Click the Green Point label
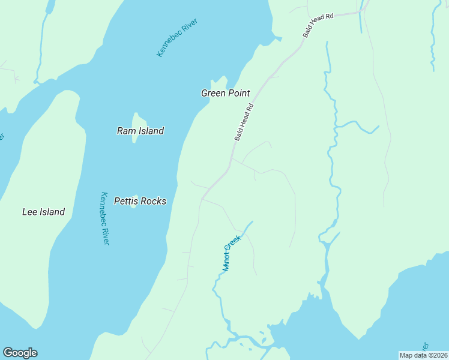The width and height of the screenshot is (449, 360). pos(225,93)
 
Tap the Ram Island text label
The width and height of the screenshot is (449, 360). pos(140,131)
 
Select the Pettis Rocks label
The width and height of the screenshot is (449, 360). pos(140,201)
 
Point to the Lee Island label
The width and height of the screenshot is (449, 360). pos(43,212)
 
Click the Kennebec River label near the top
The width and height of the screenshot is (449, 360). pos(177,38)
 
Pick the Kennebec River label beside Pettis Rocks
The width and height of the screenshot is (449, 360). pos(105,218)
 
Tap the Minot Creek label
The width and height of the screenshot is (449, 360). pos(231,253)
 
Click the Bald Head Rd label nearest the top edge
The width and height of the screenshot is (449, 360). pos(318,26)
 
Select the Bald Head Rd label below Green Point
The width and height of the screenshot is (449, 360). pos(244,122)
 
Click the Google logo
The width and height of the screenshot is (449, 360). pos(20,353)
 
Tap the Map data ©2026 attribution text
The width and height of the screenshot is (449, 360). pos(423,355)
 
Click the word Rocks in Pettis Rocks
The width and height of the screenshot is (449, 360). pos(154,201)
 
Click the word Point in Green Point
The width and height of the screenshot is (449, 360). pos(239,93)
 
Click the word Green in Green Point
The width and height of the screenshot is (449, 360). pos(213,93)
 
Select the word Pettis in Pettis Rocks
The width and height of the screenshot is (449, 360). pos(126,201)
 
